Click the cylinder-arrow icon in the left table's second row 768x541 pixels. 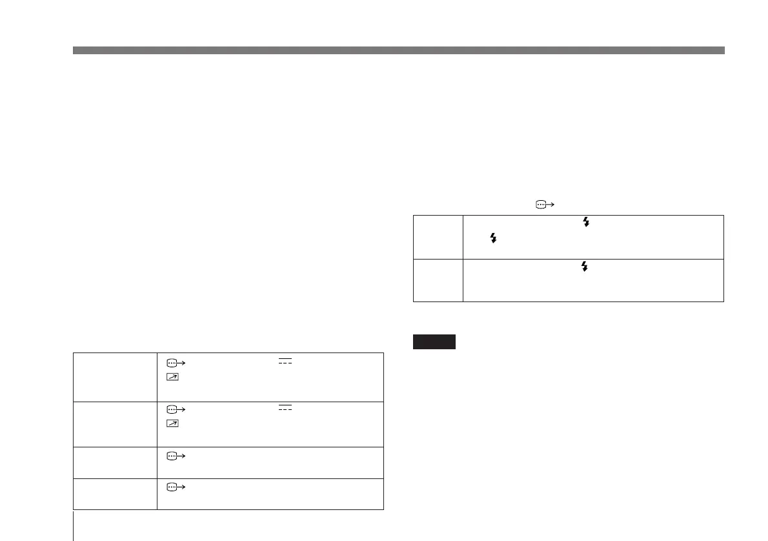coord(175,409)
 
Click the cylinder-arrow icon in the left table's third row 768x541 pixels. coord(175,456)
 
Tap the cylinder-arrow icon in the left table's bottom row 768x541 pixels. coord(175,487)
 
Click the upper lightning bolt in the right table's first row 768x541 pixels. coord(586,221)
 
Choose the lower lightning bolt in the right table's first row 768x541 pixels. coord(494,238)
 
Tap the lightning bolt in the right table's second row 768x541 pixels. coord(586,266)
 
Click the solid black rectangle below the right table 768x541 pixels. coord(434,342)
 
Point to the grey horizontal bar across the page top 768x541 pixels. coord(399,50)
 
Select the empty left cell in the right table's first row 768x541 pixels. coord(438,237)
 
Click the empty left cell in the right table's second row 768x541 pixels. coord(438,280)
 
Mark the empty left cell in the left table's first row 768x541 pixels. coord(116,377)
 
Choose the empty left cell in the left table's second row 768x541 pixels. coord(116,424)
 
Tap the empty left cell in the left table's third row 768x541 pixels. coord(116,462)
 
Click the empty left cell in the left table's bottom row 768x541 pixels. coord(116,494)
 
